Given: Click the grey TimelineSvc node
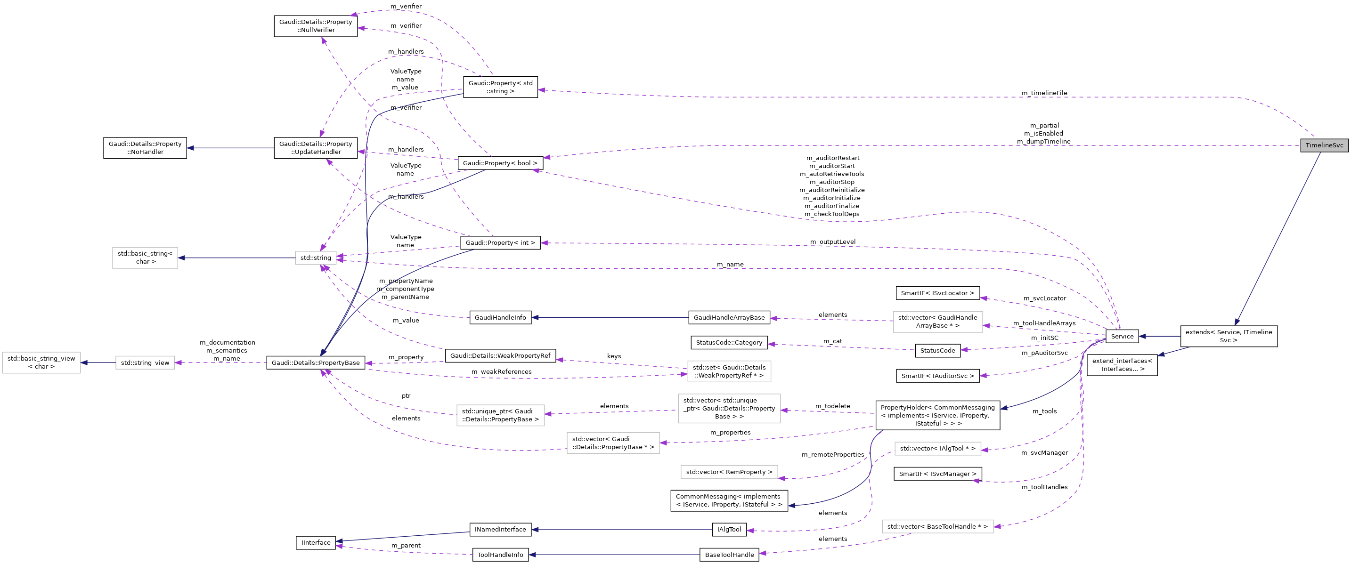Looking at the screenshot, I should tap(1324, 145).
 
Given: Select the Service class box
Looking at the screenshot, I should tap(1122, 336).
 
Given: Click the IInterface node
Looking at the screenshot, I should tap(316, 542).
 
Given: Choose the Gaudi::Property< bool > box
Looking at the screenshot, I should tap(500, 163).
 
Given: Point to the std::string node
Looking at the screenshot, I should tap(316, 258).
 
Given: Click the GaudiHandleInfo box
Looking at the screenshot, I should tap(500, 317).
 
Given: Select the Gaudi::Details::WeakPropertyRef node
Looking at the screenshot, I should tap(500, 355).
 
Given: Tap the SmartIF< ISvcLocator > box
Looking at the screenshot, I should tap(937, 293).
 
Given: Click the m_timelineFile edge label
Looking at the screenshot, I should tap(1044, 93).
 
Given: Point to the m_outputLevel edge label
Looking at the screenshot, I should tap(832, 242).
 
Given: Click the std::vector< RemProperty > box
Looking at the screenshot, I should tap(729, 472).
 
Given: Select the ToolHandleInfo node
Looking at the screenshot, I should tap(500, 555).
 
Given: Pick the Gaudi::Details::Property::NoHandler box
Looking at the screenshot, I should tap(145, 148).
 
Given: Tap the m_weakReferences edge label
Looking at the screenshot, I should tap(501, 371).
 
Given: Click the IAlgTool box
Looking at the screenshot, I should tap(729, 530).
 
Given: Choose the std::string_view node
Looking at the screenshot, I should tap(145, 362).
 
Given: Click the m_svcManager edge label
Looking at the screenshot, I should tap(1044, 452).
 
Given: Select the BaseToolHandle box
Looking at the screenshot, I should tap(729, 555).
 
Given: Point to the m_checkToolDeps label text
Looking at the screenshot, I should tap(831, 214).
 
